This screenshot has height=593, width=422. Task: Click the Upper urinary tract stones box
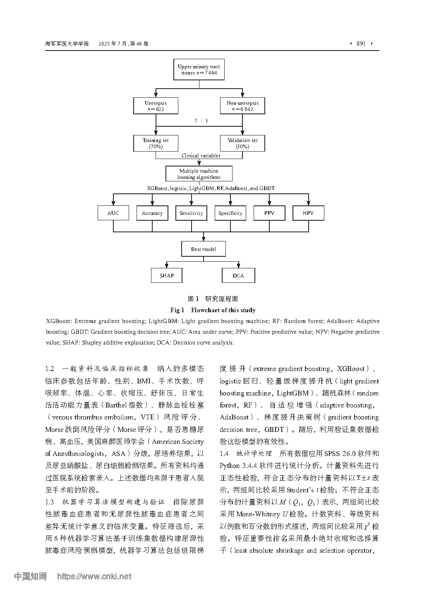(x=199, y=70)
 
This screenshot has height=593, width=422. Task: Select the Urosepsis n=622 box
(x=156, y=106)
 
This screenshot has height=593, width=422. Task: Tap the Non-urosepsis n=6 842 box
(x=242, y=106)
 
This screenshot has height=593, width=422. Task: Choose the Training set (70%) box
(x=156, y=143)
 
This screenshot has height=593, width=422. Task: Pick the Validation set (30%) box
(x=242, y=143)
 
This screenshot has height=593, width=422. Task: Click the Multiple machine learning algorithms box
(x=199, y=174)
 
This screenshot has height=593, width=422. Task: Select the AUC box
(x=113, y=213)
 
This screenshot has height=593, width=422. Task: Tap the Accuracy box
(x=152, y=213)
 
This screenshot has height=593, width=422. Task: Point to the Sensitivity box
(x=191, y=213)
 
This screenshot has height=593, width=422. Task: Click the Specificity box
(x=230, y=213)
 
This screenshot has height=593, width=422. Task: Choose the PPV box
(x=269, y=213)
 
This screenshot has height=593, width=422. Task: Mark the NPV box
(x=308, y=213)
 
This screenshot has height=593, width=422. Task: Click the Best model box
(x=204, y=249)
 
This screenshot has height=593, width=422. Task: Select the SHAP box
(x=167, y=275)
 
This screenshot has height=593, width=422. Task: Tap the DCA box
(x=238, y=275)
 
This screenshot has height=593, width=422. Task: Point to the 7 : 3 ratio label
(x=201, y=121)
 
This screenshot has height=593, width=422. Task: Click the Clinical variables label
(x=201, y=156)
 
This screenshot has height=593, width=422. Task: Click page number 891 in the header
(x=361, y=44)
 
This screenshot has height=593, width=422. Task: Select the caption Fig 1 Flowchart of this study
(x=213, y=310)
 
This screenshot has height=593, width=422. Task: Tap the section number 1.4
(x=224, y=453)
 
